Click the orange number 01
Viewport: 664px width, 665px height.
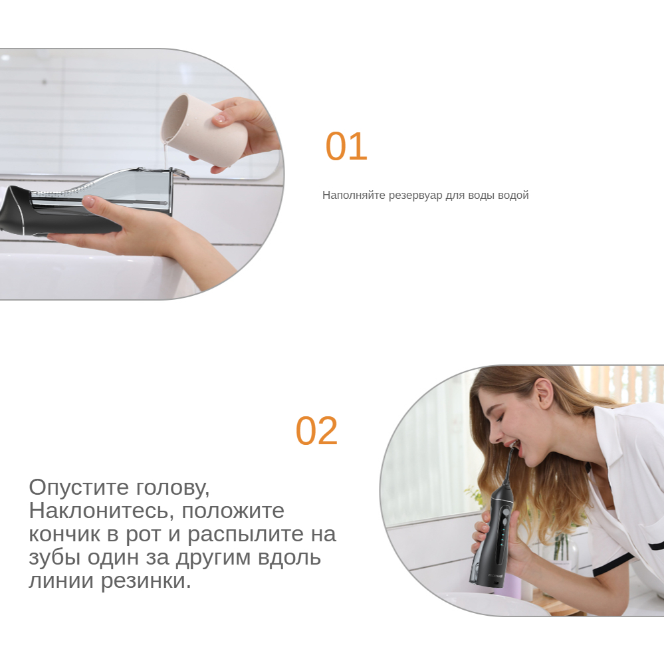coord(346,146)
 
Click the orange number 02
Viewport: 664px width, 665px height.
coord(316,431)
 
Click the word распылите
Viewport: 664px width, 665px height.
coord(246,535)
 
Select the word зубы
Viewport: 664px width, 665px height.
coord(55,558)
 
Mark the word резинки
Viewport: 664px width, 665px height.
coord(146,581)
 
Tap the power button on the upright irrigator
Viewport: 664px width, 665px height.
coord(506,513)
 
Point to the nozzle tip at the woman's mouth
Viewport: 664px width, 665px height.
coord(514,445)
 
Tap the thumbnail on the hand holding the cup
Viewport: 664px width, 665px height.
coord(219,118)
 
